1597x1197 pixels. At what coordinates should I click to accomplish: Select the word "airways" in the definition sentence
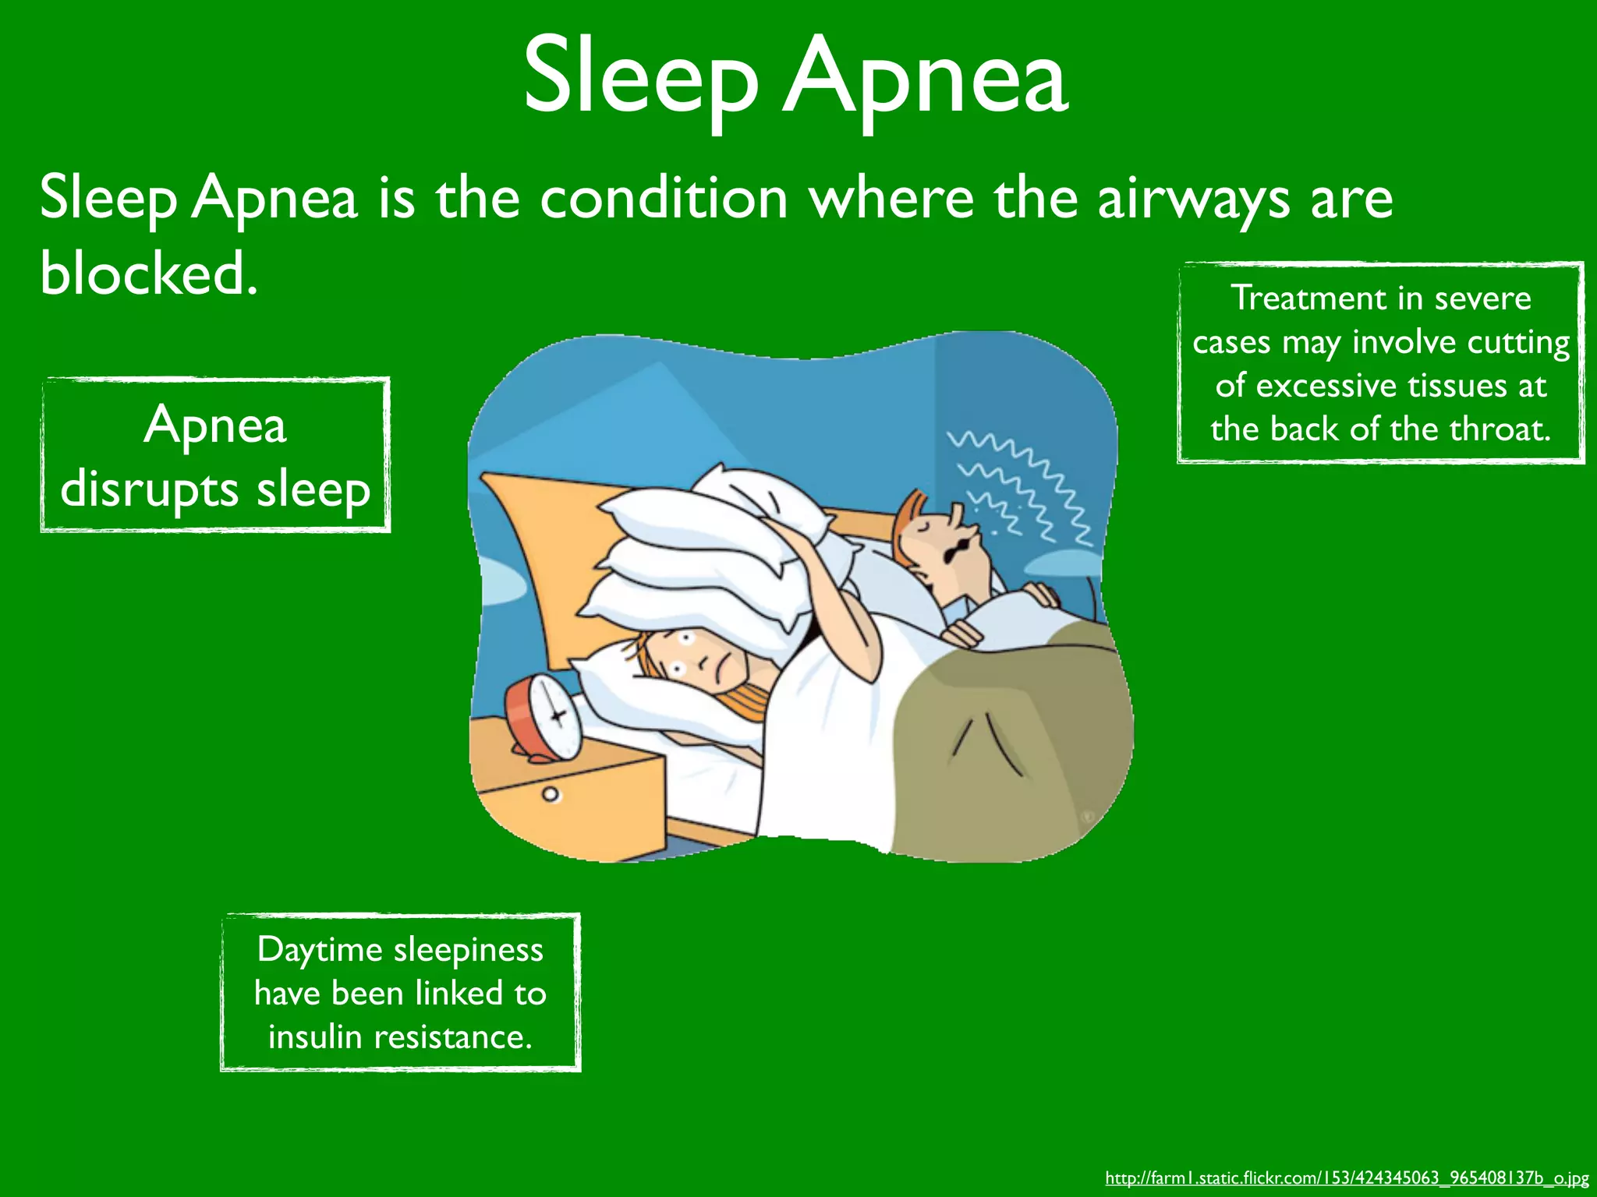pos(1193,199)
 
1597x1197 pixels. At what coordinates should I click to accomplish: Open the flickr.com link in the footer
pos(1347,1178)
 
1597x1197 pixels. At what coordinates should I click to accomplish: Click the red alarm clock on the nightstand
pos(544,717)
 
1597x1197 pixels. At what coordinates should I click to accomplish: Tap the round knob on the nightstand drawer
pos(551,795)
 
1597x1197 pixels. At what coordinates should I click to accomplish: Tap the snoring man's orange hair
pos(909,523)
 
